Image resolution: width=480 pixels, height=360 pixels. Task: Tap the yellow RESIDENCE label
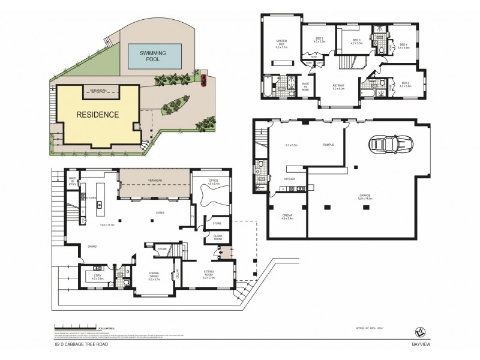click(x=97, y=114)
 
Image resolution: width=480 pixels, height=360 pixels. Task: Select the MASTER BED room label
click(x=281, y=44)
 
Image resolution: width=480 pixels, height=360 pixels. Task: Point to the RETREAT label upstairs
click(x=338, y=86)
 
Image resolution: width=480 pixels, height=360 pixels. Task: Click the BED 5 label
click(x=405, y=83)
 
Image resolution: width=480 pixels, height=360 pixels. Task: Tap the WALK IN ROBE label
click(x=305, y=87)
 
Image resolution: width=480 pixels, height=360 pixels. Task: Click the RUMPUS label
click(x=328, y=144)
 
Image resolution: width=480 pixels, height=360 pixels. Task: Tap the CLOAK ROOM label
click(x=218, y=238)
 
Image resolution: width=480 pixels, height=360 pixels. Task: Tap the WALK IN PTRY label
click(x=73, y=181)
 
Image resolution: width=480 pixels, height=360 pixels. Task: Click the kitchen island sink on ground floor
click(x=99, y=205)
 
